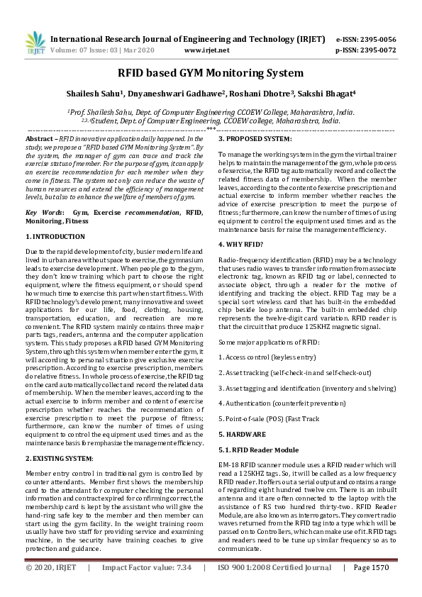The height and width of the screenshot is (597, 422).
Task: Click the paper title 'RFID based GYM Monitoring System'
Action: tap(211, 72)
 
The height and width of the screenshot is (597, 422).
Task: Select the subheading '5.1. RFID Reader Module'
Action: tap(258, 450)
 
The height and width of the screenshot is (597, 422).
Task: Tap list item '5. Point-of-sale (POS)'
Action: tap(255, 418)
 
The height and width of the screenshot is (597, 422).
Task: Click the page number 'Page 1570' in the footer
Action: tap(371, 588)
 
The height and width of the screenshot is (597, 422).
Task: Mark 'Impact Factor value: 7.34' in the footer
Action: tap(147, 588)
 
